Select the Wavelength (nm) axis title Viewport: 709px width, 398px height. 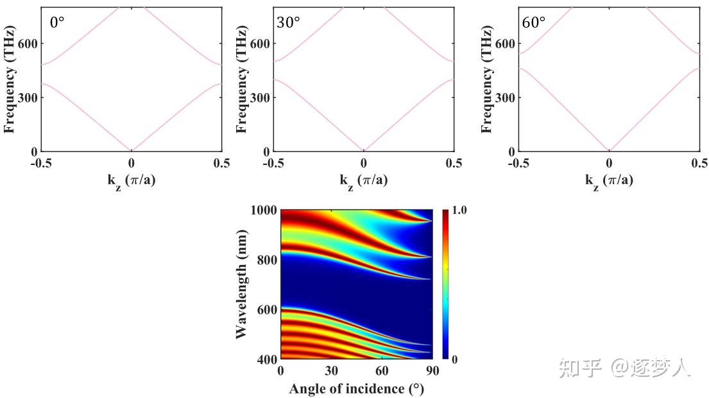click(241, 284)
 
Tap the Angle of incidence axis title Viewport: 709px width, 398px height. click(356, 388)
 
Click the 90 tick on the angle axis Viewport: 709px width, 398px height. click(432, 371)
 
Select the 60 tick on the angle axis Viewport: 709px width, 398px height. click(382, 371)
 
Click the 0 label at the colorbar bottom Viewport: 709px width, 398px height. click(454, 359)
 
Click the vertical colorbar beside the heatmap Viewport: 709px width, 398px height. click(445, 284)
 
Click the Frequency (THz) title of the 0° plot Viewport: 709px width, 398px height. click(10, 80)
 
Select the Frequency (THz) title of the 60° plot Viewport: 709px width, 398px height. click(487, 80)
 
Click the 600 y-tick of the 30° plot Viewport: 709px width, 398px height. click(260, 44)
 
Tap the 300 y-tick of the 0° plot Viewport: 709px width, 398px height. click(28, 98)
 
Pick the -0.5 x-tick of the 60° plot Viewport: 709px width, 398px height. click(518, 163)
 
